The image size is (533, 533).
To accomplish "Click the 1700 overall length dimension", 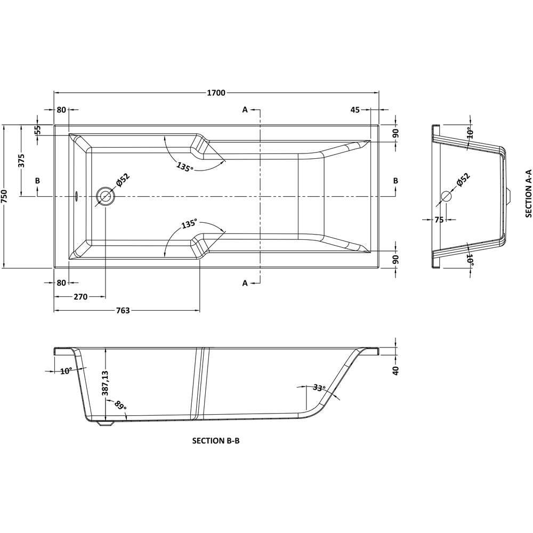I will pos(216,93).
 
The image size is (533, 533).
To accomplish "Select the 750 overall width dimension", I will pos(4,196).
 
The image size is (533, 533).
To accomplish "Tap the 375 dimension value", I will pos(22,160).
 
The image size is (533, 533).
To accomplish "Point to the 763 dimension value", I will pos(123,311).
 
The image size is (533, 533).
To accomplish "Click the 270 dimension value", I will pos(80,297).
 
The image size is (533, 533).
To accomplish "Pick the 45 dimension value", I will pos(356,110).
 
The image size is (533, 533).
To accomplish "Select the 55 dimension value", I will pos(38,131).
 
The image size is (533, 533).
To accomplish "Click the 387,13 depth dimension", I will pos(105,383).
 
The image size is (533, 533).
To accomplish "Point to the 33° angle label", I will pos(319,388).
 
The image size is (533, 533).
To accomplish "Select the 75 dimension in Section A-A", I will pos(439,220).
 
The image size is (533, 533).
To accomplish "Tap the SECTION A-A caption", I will pos(528,193).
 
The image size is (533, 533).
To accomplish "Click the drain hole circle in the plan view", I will pos(105,196).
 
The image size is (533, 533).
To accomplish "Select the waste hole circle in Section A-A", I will pos(446,196).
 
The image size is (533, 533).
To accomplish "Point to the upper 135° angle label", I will pos(184,167).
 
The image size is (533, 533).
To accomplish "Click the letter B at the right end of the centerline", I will pos(395,181).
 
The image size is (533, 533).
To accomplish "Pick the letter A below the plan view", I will pos(245,283).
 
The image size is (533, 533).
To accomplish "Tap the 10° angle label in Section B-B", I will pos(66,371).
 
